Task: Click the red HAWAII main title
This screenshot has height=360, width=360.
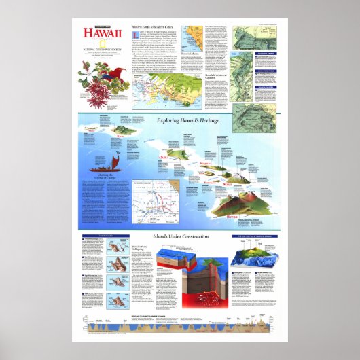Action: click(103, 33)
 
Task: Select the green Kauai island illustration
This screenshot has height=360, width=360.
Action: click(124, 129)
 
